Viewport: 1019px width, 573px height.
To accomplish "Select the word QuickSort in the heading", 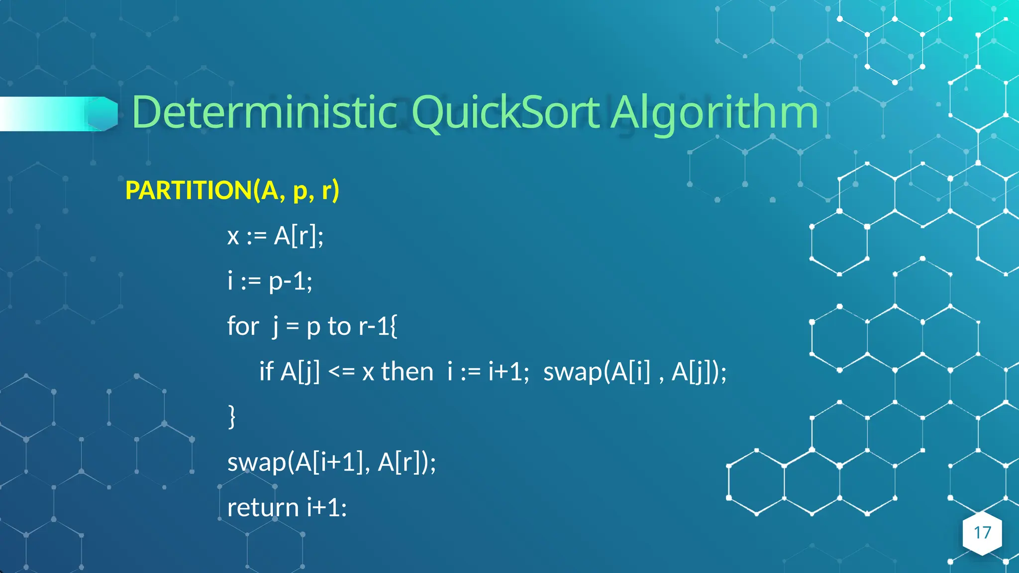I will tap(506, 113).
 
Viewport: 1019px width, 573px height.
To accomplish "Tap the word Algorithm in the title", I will tap(714, 113).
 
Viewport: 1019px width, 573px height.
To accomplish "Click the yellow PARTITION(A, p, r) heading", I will tap(232, 190).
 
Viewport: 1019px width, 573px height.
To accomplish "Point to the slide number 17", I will tap(982, 533).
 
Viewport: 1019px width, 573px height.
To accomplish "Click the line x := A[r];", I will tap(275, 236).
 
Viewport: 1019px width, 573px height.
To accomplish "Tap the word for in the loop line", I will tap(243, 326).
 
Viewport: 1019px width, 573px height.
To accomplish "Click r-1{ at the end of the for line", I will tap(378, 326).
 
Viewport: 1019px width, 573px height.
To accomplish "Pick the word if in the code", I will tap(266, 372).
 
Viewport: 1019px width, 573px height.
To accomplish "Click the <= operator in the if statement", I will tap(341, 372).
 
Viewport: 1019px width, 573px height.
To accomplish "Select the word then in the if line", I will tap(407, 372).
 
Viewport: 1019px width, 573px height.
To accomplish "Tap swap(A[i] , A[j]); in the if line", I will tap(635, 372).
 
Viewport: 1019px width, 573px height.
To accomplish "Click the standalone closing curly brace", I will tap(231, 416).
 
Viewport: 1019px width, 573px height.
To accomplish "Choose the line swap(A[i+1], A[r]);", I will tap(331, 462).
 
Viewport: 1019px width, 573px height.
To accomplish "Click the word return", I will tap(263, 508).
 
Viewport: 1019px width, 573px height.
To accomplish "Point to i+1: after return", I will tap(327, 508).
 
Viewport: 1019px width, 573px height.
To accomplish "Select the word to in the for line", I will tap(339, 327).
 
